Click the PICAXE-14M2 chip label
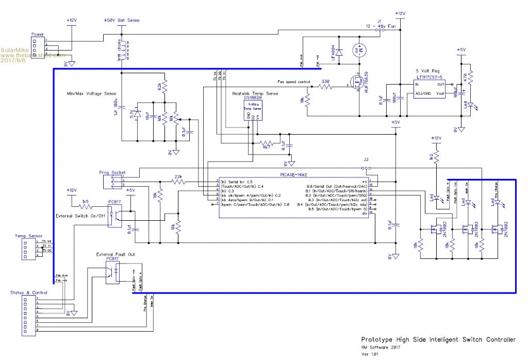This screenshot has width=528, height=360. [x=294, y=175]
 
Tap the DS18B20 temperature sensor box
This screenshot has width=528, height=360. [x=253, y=110]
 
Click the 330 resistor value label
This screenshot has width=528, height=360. [x=325, y=81]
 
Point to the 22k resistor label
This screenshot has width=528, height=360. [x=178, y=176]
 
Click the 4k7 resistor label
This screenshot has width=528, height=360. [x=267, y=147]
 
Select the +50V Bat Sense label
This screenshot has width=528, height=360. [x=122, y=21]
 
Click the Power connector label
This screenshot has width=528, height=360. [x=38, y=34]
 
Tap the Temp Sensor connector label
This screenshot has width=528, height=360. [x=28, y=236]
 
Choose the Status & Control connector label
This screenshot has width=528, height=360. [x=29, y=292]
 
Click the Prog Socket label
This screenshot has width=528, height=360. [x=112, y=172]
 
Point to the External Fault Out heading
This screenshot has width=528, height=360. [x=118, y=255]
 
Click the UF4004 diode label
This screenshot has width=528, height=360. [x=333, y=53]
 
